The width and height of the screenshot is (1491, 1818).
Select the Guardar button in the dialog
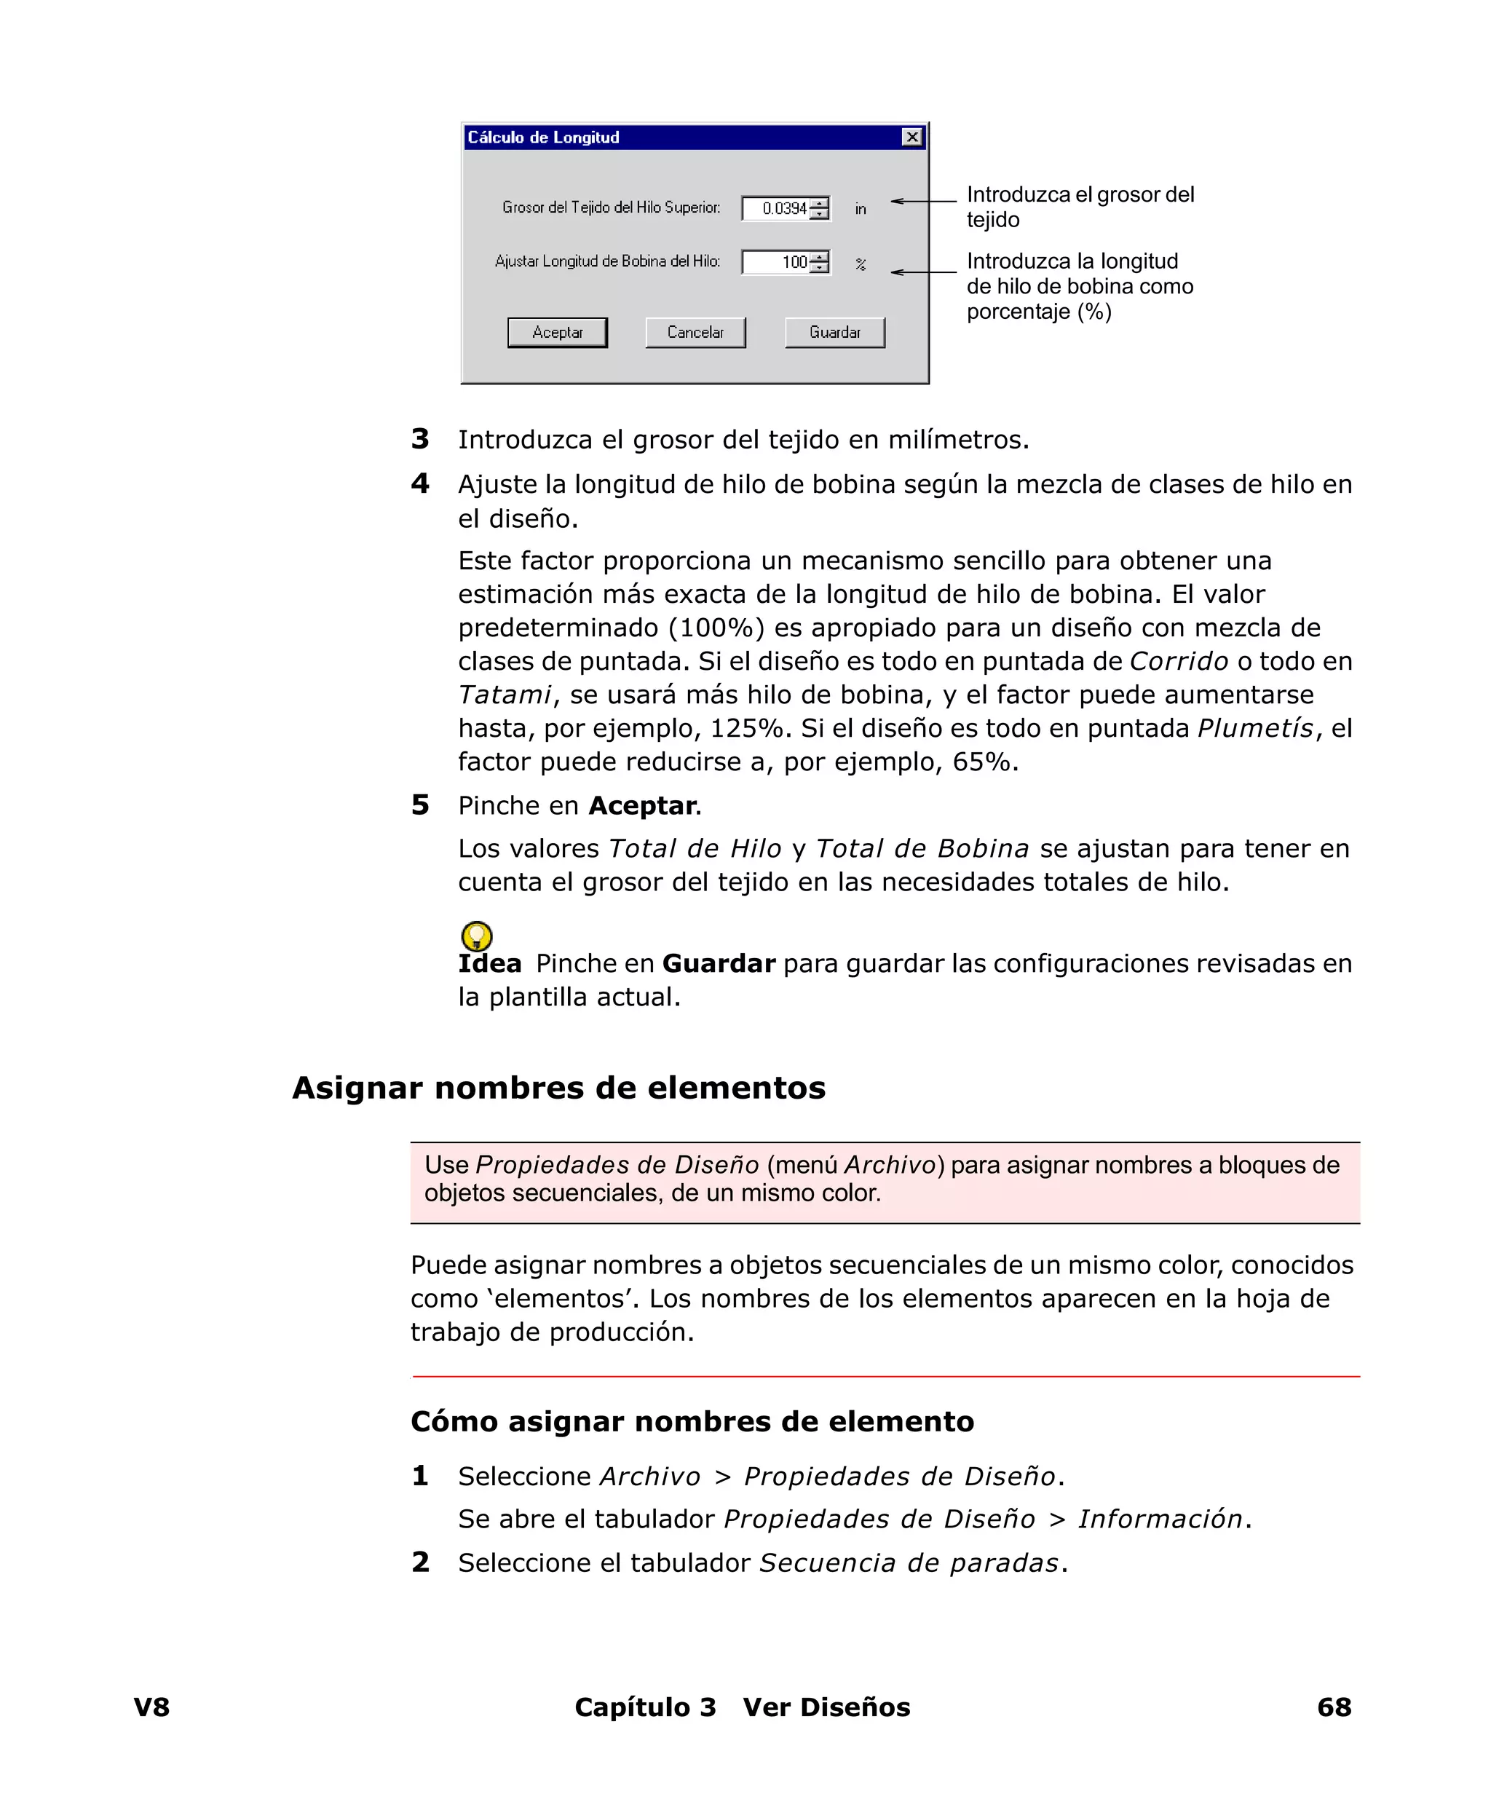pyautogui.click(x=834, y=332)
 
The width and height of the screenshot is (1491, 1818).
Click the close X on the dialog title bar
pyautogui.click(x=911, y=138)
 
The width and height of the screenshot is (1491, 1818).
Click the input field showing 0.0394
pyautogui.click(x=776, y=209)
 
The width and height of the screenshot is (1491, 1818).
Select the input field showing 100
pyautogui.click(x=776, y=262)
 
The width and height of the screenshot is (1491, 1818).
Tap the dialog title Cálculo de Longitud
pyautogui.click(x=543, y=138)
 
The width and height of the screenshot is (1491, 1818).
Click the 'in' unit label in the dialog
pyautogui.click(x=860, y=210)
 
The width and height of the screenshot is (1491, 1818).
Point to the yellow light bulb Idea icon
pyautogui.click(x=477, y=935)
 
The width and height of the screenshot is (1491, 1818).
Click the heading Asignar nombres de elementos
pyautogui.click(x=558, y=1087)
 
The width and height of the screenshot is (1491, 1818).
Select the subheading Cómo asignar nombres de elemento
pyautogui.click(x=692, y=1421)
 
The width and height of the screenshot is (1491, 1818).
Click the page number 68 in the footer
pyautogui.click(x=1333, y=1707)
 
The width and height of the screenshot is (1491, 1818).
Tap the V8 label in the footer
pyautogui.click(x=152, y=1707)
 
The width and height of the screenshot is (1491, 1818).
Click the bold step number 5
pyautogui.click(x=420, y=805)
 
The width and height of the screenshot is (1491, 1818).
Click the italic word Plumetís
pyautogui.click(x=1254, y=728)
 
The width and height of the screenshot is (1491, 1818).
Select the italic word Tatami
pyautogui.click(x=504, y=695)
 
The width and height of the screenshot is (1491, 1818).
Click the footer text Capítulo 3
pyautogui.click(x=644, y=1707)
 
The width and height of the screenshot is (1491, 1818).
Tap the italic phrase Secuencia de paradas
pyautogui.click(x=909, y=1563)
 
